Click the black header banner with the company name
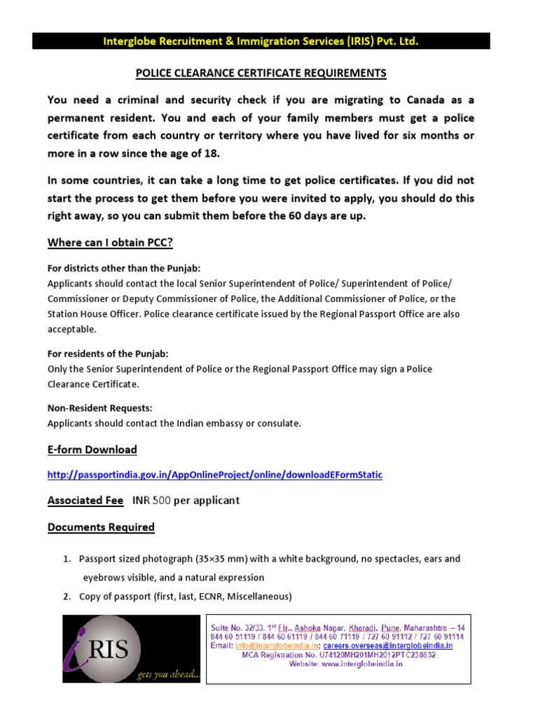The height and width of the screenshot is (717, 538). coord(261,41)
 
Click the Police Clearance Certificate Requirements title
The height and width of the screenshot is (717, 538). coord(261,73)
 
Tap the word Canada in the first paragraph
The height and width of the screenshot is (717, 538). coord(435,99)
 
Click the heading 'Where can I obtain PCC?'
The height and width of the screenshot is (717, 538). coord(109,243)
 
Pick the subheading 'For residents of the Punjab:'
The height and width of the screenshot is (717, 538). coord(108,354)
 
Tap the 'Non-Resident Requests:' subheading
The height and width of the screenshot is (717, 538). coord(99,408)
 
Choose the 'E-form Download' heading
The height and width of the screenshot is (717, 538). coord(92,450)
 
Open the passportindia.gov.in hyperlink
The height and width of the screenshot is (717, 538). coord(215,475)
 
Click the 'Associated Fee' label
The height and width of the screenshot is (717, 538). coord(85,501)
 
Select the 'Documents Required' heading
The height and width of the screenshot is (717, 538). coord(101,527)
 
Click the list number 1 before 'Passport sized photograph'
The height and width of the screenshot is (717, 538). coord(67,559)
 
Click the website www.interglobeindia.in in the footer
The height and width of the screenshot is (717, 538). coord(363,664)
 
